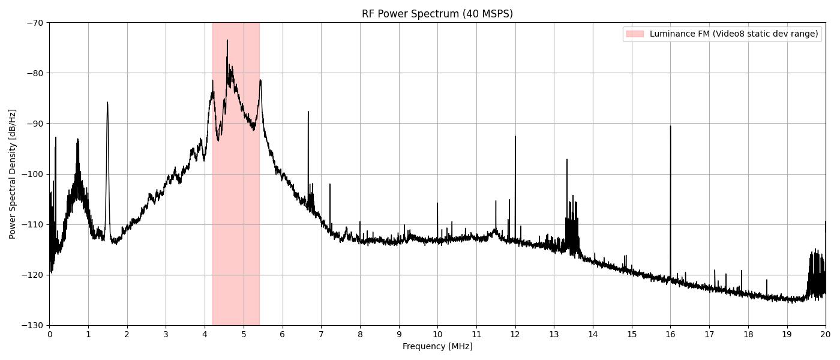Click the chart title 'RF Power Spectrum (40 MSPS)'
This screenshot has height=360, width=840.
pyautogui.click(x=437, y=14)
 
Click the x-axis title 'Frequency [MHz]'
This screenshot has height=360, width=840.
pyautogui.click(x=437, y=346)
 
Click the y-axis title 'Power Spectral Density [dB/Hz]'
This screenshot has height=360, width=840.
pyautogui.click(x=13, y=174)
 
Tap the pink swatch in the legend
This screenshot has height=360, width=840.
pyautogui.click(x=634, y=34)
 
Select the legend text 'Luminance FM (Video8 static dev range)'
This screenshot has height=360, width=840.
pyautogui.click(x=733, y=34)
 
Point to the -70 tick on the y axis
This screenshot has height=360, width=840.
pyautogui.click(x=34, y=23)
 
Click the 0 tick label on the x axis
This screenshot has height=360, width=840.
pyautogui.click(x=49, y=334)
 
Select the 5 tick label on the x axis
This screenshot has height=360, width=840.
pyautogui.click(x=244, y=334)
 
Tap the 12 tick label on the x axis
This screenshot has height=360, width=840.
pyautogui.click(x=515, y=334)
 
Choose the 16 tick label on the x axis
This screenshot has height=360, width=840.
pyautogui.click(x=670, y=334)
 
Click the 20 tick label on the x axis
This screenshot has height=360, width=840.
pyautogui.click(x=826, y=334)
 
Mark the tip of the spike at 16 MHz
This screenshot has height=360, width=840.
pyautogui.click(x=670, y=126)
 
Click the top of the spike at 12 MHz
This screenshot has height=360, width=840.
pyautogui.click(x=515, y=136)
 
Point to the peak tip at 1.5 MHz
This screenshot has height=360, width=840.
pyautogui.click(x=107, y=102)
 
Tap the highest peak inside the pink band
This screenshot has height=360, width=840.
pyautogui.click(x=227, y=40)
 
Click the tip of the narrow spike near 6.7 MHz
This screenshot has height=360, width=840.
pyautogui.click(x=308, y=112)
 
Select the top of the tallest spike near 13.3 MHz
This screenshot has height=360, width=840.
pyautogui.click(x=566, y=160)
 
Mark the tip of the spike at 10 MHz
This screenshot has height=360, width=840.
pyautogui.click(x=437, y=203)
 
